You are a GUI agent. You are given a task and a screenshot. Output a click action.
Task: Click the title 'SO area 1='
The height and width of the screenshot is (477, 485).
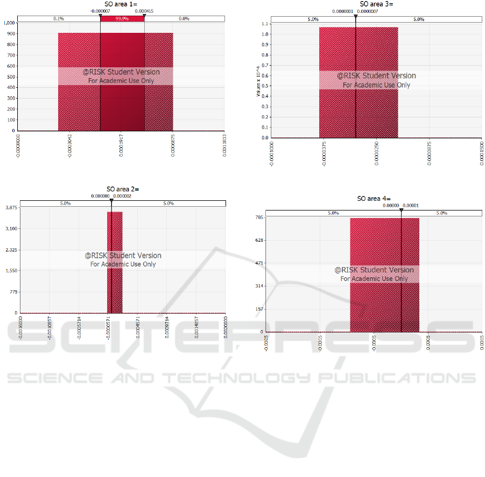122,4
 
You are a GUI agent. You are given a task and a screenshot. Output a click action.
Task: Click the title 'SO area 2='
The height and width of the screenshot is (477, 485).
123,189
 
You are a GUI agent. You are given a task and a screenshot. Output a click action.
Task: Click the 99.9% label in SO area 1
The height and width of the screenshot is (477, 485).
123,19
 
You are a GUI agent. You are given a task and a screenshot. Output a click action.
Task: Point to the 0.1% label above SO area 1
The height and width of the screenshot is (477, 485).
59,19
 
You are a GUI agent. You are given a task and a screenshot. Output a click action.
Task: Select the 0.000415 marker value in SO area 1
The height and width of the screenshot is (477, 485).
144,11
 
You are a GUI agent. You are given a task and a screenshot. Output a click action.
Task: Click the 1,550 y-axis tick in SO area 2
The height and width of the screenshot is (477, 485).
11,271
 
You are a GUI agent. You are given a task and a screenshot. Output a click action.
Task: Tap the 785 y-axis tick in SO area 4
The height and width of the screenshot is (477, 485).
259,218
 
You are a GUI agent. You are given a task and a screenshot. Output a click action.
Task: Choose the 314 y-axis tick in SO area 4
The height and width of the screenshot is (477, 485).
259,286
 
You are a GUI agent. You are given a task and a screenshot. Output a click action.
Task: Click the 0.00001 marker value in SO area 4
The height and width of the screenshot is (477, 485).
411,205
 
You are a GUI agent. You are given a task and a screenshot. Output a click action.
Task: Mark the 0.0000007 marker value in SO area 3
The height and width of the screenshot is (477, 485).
368,11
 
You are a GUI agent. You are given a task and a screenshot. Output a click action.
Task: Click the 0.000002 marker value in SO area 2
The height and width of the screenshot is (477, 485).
122,196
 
